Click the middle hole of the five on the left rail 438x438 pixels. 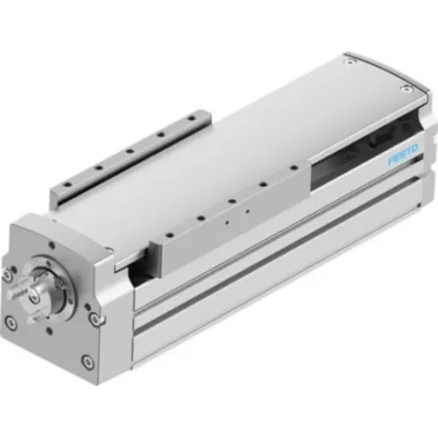pyautogui.click(x=129, y=154)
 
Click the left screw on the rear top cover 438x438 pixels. pyautogui.click(x=343, y=63)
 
